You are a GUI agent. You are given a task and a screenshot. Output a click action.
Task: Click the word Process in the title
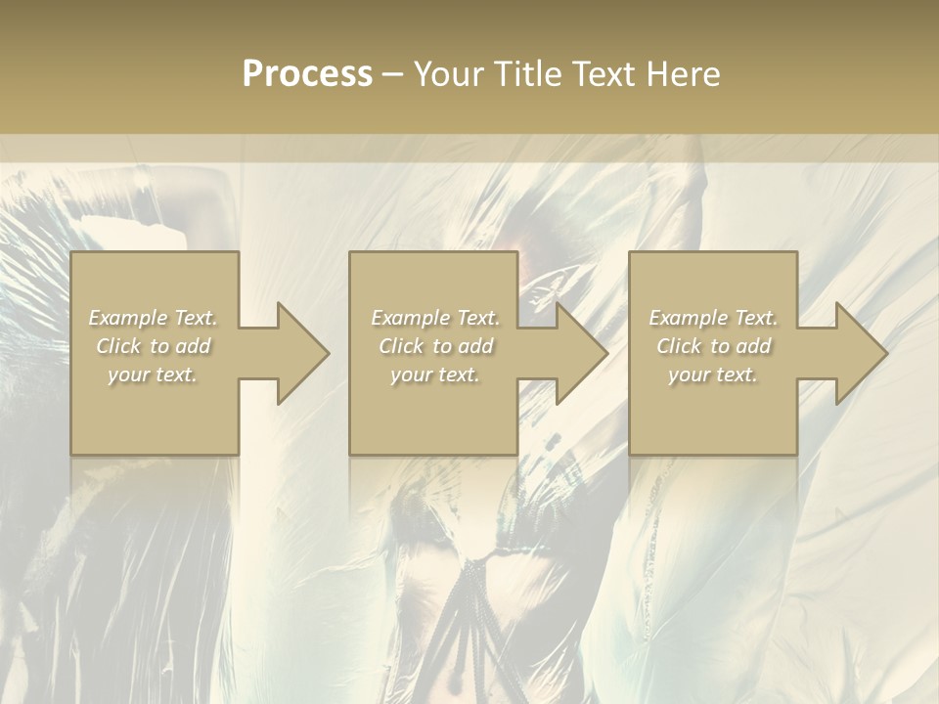tap(307, 74)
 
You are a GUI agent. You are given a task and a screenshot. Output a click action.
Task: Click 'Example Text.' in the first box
tap(153, 318)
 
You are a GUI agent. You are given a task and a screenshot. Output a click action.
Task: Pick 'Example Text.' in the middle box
tap(435, 318)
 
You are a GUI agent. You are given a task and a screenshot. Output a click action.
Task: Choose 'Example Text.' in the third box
tap(713, 318)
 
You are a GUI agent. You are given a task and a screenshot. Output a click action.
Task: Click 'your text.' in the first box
tap(153, 374)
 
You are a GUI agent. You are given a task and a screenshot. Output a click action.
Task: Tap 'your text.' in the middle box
tap(435, 374)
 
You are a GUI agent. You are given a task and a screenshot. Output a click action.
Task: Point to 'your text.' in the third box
tap(713, 374)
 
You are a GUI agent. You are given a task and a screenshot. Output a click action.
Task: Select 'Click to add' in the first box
tap(153, 346)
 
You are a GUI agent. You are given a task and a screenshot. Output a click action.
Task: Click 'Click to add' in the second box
tap(435, 346)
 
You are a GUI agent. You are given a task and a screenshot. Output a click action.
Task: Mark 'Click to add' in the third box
tap(713, 346)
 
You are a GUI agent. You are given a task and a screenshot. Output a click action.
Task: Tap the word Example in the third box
tap(688, 318)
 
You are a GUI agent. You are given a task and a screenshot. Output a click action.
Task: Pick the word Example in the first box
tap(127, 318)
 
